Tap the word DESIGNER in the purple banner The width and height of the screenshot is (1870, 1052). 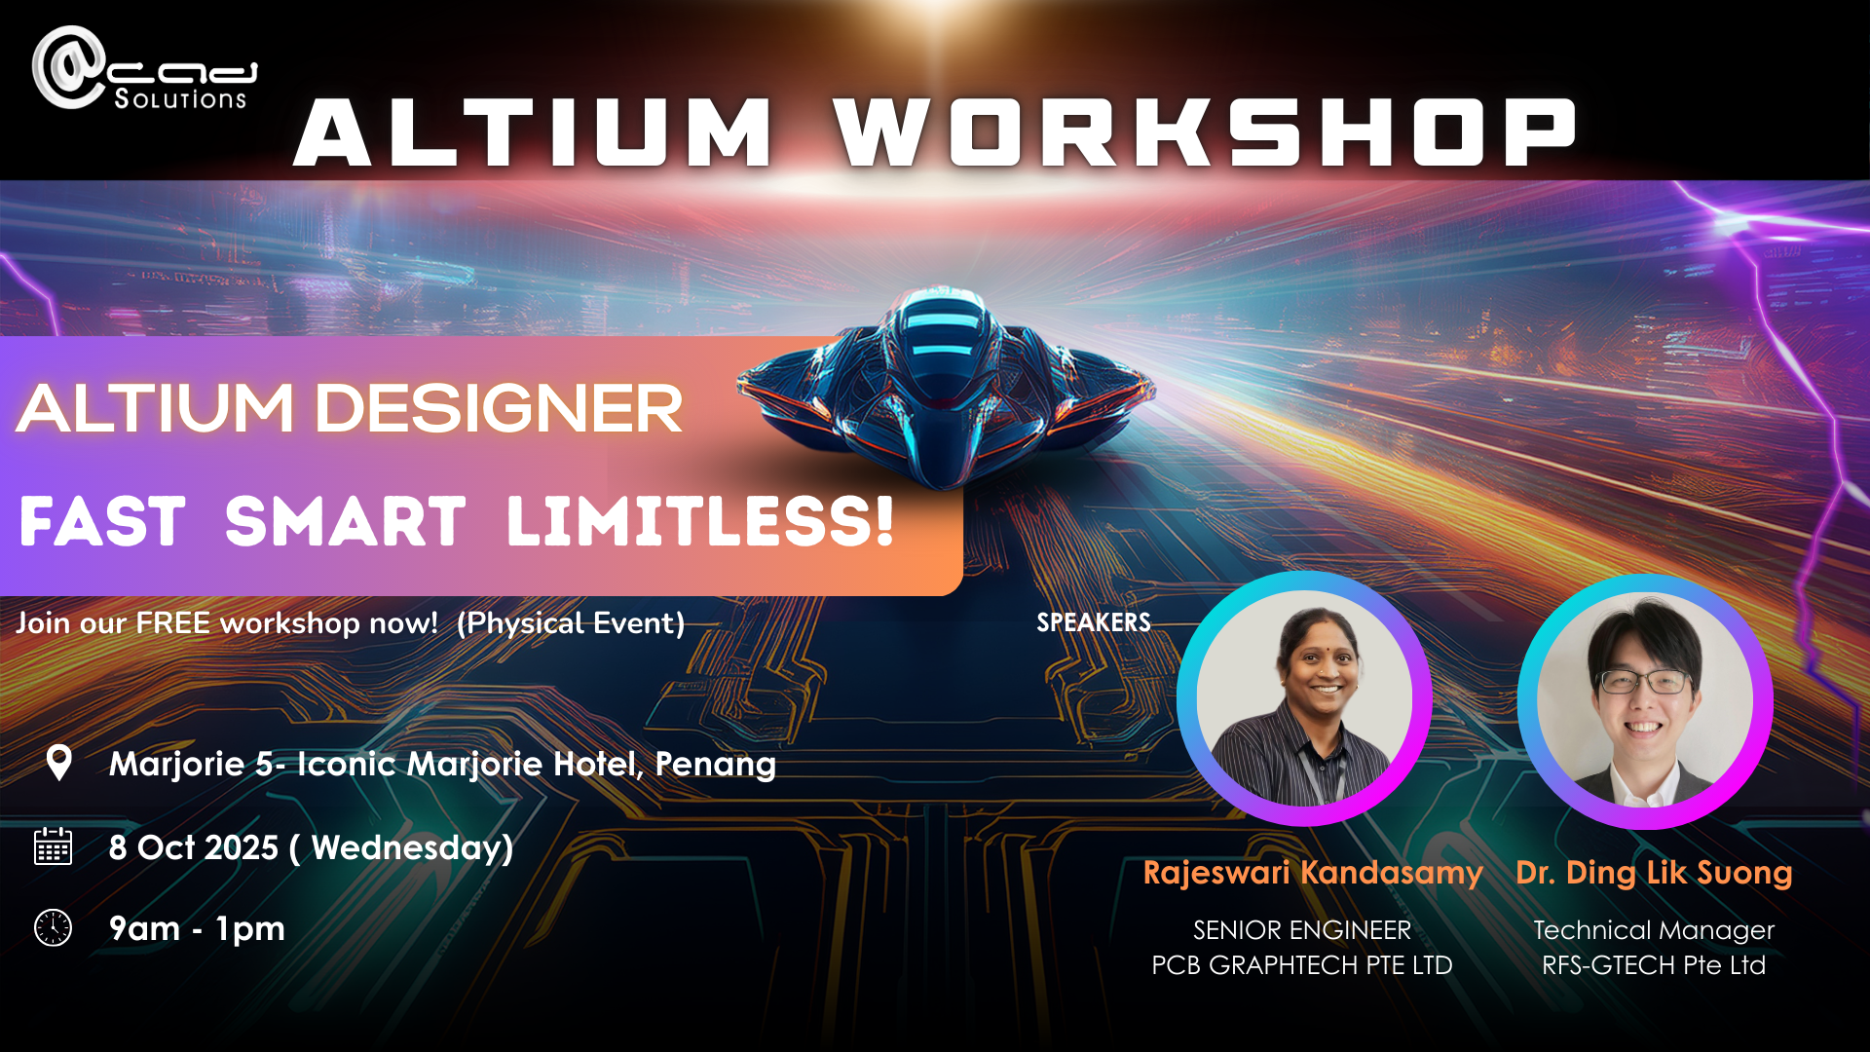pos(499,408)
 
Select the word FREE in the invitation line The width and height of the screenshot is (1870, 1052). pos(172,622)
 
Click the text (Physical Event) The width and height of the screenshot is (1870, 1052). pos(571,623)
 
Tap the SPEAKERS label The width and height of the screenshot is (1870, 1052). pos(1094,622)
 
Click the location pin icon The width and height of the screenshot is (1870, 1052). pos(59,763)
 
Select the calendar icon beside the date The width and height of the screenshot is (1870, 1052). pos(54,845)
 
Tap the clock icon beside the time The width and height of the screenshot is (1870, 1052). pos(54,927)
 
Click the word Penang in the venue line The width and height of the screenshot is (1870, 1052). pos(716,765)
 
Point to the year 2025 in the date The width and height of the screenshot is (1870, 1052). pos(242,847)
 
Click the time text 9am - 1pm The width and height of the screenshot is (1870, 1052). pos(197,929)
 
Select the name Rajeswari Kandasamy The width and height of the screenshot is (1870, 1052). pos(1313,873)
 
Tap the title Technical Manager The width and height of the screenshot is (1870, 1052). pos(1654,930)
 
